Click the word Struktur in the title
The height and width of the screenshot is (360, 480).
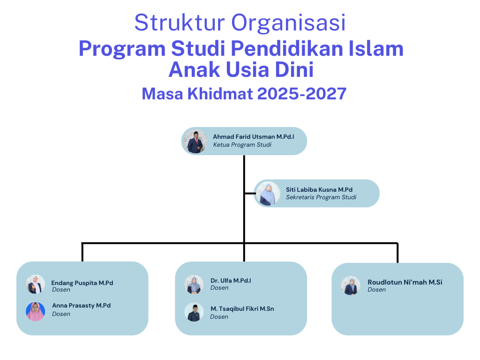pyautogui.click(x=180, y=22)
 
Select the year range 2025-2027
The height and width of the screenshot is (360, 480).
pyautogui.click(x=302, y=94)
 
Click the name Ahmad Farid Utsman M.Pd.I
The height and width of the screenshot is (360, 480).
pyautogui.click(x=254, y=137)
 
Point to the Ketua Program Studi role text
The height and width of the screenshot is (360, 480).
pyautogui.click(x=242, y=145)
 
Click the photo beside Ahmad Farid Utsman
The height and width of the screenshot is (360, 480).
pyautogui.click(x=195, y=142)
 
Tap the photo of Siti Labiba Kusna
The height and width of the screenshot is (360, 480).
pyautogui.click(x=268, y=194)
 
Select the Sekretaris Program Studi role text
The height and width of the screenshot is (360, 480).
pyautogui.click(x=321, y=197)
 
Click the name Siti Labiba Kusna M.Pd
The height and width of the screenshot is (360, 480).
pyautogui.click(x=319, y=190)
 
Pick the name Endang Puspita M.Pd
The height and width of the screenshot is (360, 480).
pyautogui.click(x=82, y=283)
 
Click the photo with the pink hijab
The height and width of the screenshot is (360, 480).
pyautogui.click(x=36, y=312)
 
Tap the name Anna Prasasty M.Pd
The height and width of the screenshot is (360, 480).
pyautogui.click(x=82, y=306)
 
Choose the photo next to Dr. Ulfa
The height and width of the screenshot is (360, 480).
pyautogui.click(x=194, y=285)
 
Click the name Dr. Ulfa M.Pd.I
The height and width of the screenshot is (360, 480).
pyautogui.click(x=231, y=281)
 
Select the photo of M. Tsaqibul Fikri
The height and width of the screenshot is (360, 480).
pyautogui.click(x=194, y=312)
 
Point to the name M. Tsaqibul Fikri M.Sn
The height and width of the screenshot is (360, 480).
pyautogui.click(x=242, y=309)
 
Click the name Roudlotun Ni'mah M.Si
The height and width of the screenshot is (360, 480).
pyautogui.click(x=405, y=282)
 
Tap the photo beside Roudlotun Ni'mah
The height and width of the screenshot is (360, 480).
pyautogui.click(x=351, y=285)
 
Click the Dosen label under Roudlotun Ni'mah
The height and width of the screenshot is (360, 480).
pyautogui.click(x=376, y=290)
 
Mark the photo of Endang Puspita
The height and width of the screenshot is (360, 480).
pyautogui.click(x=36, y=284)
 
